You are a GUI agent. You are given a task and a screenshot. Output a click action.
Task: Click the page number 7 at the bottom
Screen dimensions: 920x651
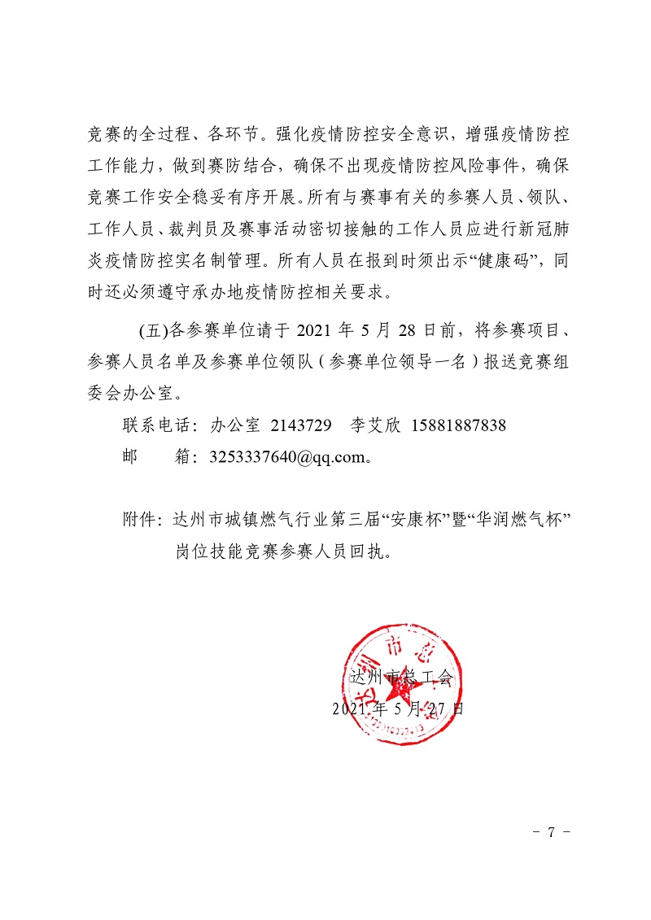[551, 832]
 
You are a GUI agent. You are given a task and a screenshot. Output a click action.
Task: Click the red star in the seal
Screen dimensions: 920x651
[398, 688]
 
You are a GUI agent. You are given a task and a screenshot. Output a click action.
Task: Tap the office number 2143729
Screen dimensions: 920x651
[299, 425]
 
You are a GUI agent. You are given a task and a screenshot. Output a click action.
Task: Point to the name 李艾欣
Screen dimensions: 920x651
[371, 425]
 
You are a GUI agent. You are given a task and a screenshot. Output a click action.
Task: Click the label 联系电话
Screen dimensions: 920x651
[155, 425]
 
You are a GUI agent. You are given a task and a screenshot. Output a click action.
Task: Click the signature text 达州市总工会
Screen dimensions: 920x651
[399, 676]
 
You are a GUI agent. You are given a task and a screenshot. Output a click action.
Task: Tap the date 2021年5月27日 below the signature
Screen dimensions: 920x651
[398, 708]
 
